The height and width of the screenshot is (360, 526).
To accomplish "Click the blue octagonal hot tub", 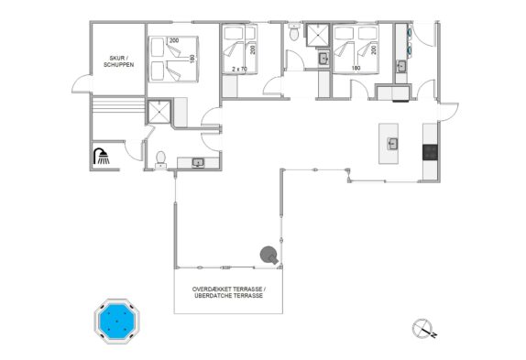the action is pos(116,322).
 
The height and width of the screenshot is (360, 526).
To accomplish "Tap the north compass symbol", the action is pos(423,329).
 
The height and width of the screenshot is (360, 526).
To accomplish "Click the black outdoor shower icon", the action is pos(101,157).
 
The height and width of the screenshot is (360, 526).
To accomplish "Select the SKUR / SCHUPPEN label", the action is pos(119,61).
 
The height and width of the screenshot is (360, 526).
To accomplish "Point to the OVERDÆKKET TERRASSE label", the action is pos(229,289).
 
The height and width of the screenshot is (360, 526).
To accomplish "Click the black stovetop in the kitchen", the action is pos(430,152).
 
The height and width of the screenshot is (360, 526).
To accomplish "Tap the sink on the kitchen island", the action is pos(392,144).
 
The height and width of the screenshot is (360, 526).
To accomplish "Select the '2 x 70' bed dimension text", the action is pos(239,69).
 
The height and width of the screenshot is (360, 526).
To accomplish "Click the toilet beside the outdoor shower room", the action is pos(160,158).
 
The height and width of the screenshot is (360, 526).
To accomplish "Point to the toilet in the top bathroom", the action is pos(294,32).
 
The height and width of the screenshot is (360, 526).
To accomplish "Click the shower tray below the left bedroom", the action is pos(159,112).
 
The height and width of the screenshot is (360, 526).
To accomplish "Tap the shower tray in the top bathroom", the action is pos(317,35).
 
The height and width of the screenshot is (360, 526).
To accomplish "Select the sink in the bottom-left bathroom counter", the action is pos(198,163).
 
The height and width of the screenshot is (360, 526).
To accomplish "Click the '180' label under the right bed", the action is pos(356,68).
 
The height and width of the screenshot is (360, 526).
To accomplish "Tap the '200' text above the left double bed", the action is pos(174,40).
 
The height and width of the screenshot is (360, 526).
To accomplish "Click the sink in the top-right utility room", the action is pos(401,66).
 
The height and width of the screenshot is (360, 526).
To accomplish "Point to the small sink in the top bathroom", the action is pos(323,59).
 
